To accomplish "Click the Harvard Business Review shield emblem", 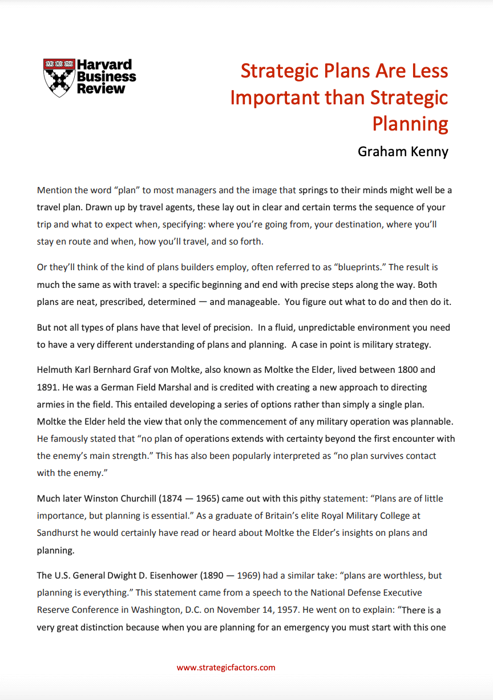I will tap(59, 77).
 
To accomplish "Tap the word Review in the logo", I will tap(101, 88).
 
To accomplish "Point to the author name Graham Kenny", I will tap(403, 151).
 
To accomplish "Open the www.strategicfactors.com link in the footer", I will tap(226, 668).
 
